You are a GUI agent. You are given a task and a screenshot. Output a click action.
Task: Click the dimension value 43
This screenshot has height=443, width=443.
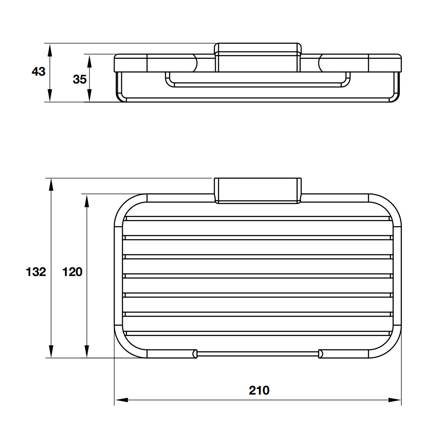coord(39,71)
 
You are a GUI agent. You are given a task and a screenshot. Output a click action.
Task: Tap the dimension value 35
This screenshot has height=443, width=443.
coord(80,80)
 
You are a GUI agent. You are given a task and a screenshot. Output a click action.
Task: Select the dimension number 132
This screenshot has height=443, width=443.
coord(36,272)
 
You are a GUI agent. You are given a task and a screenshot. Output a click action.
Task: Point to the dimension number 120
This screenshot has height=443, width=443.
coord(72,272)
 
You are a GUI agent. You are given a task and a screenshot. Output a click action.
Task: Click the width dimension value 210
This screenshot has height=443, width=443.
coord(259,391)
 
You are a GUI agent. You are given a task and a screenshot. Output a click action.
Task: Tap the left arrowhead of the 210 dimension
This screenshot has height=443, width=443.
coord(122,400)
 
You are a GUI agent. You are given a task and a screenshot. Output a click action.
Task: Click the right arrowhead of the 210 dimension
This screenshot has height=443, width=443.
coord(395,400)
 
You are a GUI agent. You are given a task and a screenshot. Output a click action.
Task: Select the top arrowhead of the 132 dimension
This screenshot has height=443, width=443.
coord(51,185)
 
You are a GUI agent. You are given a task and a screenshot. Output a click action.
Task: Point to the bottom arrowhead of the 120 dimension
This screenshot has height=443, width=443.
coord(87,351)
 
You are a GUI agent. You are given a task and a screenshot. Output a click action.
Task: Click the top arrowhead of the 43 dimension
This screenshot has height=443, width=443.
coord(50,50)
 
